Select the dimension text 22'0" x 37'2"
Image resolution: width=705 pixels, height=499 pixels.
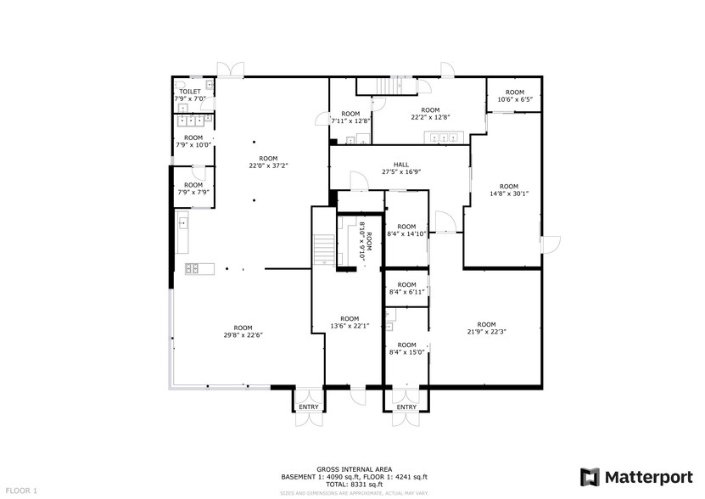268,165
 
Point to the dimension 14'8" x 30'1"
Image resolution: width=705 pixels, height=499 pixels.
508,193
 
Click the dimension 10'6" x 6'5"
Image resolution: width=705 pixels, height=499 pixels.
514,99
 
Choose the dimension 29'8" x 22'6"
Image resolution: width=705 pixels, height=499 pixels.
243,335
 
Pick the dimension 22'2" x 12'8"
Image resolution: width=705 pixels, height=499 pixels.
430,117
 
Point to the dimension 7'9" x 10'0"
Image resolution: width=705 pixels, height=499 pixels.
193,144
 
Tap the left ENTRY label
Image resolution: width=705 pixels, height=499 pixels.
309,407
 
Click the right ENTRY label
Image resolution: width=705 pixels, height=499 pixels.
406,407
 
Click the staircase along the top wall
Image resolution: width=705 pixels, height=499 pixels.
385,86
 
